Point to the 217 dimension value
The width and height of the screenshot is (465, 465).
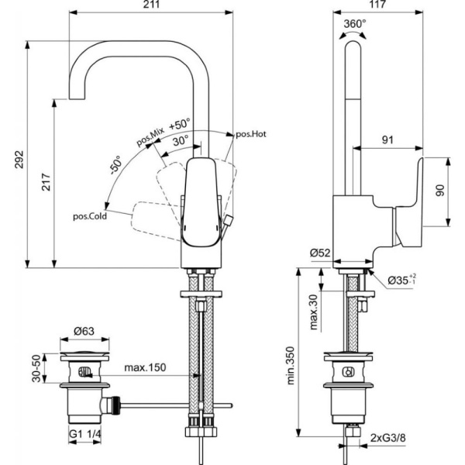pos(46,183)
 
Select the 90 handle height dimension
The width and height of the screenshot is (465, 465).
pos(439,190)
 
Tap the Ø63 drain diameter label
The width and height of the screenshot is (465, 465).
pos(84,332)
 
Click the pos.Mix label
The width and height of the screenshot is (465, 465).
pos(150,138)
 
